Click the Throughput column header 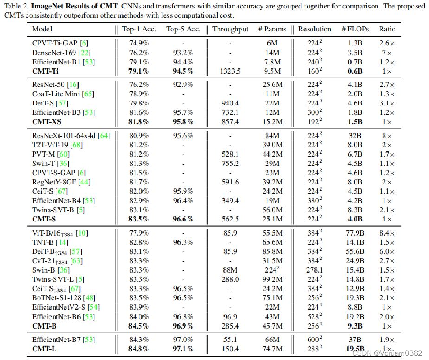[230, 29]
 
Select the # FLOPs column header [352, 29]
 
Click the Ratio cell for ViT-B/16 [387, 233]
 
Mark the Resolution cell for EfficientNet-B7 [314, 339]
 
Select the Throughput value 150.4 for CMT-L [230, 349]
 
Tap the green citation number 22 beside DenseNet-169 [82, 52]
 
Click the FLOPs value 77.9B [353, 233]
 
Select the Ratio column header [387, 29]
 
